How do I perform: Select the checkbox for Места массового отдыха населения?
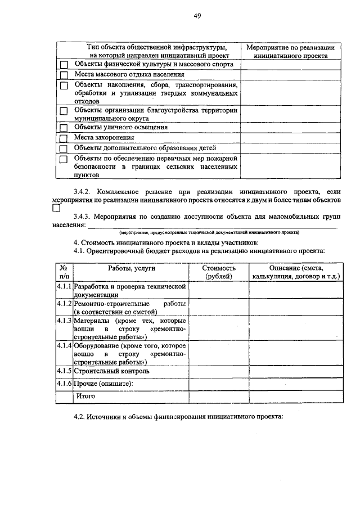(64, 75)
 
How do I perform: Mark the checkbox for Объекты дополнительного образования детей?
(64, 148)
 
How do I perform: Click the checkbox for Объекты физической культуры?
(64, 65)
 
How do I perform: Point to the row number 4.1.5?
(64, 371)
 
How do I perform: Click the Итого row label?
(85, 397)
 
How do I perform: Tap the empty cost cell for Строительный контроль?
(219, 371)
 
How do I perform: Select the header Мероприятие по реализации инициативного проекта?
(291, 52)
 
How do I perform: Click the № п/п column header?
(64, 273)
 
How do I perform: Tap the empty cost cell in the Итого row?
(219, 397)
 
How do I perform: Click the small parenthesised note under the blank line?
(208, 232)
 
